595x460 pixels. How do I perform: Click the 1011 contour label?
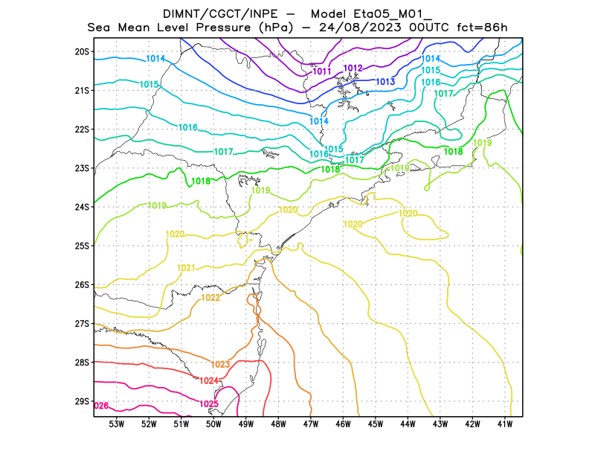tap(322, 71)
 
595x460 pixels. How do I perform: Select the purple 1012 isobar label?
tap(353, 68)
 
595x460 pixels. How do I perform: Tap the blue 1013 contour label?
tap(385, 81)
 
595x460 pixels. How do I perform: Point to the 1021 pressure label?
tap(186, 268)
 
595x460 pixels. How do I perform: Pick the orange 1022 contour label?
tap(210, 298)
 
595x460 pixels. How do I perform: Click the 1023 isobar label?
tap(220, 364)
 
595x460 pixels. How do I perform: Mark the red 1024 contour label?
tap(209, 380)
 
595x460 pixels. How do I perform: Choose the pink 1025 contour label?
tap(209, 404)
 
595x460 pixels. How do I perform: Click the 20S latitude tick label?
tap(82, 51)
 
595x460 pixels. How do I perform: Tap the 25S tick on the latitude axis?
tap(82, 246)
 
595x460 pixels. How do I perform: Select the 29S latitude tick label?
tap(82, 401)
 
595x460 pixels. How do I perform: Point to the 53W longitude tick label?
tap(116, 424)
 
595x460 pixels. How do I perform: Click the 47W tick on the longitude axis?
tap(311, 424)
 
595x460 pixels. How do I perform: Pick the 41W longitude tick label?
tap(505, 424)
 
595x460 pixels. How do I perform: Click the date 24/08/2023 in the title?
tap(360, 28)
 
